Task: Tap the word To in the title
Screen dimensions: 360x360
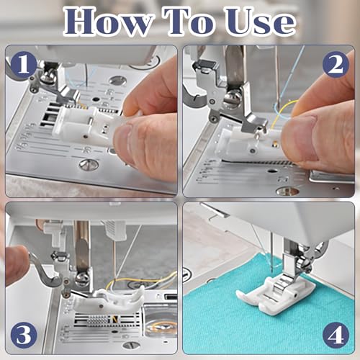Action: [190, 22]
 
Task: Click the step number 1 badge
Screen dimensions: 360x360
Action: [23, 66]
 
